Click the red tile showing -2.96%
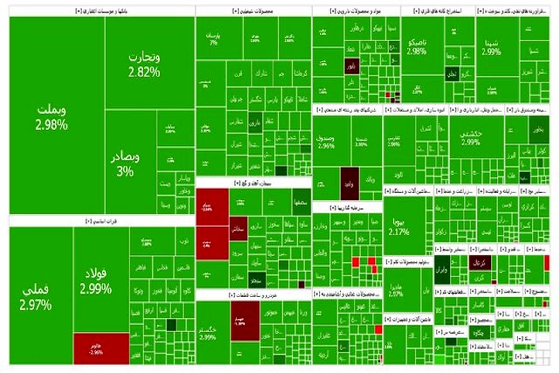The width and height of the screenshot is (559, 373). pos(101,348)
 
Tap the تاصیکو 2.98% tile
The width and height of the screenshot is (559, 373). pos(417,47)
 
